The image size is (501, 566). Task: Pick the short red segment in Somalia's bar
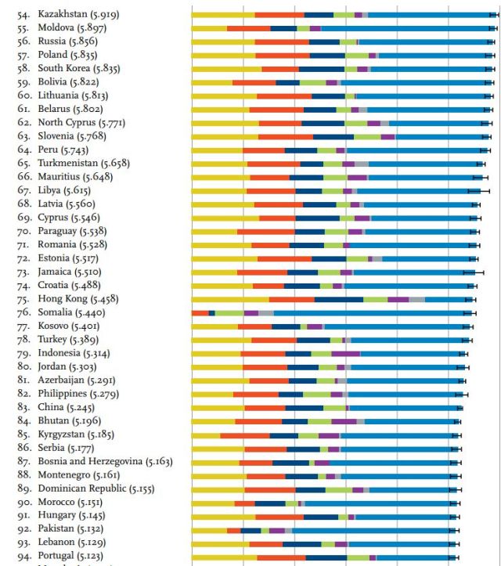pos(200,313)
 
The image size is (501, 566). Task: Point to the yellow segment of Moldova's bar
pos(209,28)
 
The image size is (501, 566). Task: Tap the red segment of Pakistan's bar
pos(234,530)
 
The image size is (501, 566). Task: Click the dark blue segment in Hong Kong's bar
pos(339,299)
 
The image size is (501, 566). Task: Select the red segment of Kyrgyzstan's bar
pos(245,435)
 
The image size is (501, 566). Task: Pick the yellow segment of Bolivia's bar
pos(212,82)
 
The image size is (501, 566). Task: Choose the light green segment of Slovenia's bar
pos(367,136)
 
